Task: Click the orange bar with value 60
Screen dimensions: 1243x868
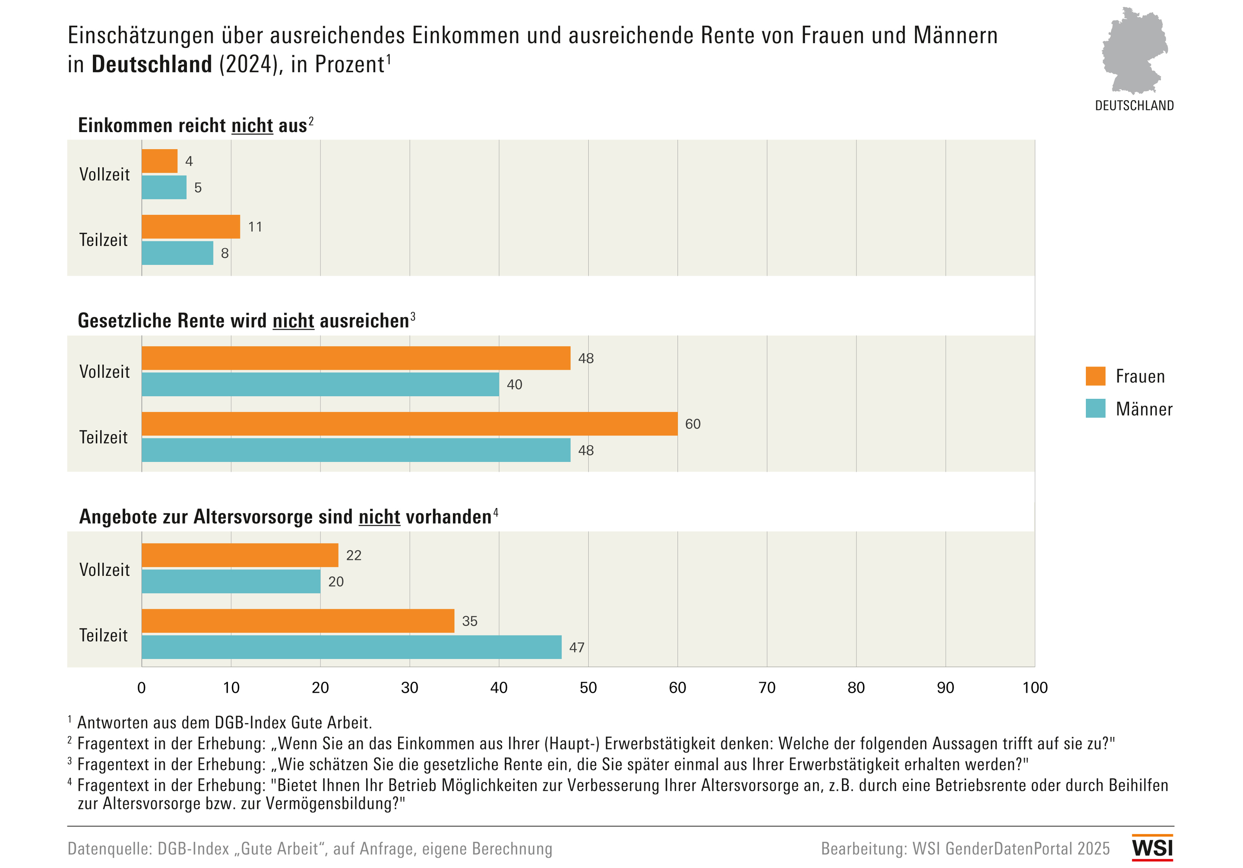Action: pyautogui.click(x=409, y=424)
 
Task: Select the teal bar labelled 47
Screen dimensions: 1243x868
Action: pyautogui.click(x=351, y=647)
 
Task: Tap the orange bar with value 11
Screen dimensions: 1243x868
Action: pyautogui.click(x=190, y=227)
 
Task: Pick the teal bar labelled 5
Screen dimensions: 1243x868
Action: pyautogui.click(x=164, y=187)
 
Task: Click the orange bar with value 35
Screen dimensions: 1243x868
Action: pyautogui.click(x=298, y=621)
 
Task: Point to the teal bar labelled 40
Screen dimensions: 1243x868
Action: pyautogui.click(x=320, y=384)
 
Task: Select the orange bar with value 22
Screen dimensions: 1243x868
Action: pyautogui.click(x=240, y=555)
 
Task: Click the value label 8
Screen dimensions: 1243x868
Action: pyautogui.click(x=225, y=253)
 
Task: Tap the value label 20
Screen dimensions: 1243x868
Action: pyautogui.click(x=335, y=582)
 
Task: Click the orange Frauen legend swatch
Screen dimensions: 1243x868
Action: pyautogui.click(x=1095, y=376)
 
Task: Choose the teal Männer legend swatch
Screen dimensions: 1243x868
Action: pyautogui.click(x=1095, y=408)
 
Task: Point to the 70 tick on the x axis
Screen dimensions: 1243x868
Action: pyautogui.click(x=767, y=688)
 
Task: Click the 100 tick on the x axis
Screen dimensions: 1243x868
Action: pyautogui.click(x=1034, y=688)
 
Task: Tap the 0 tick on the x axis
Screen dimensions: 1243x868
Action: pyautogui.click(x=142, y=688)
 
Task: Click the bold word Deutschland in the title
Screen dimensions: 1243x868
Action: pyautogui.click(x=152, y=64)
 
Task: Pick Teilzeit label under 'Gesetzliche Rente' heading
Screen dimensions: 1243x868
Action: pyautogui.click(x=103, y=437)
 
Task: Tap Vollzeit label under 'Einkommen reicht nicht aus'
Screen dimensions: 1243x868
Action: pyautogui.click(x=104, y=174)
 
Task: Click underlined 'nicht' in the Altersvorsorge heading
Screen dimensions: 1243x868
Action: pyautogui.click(x=380, y=517)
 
